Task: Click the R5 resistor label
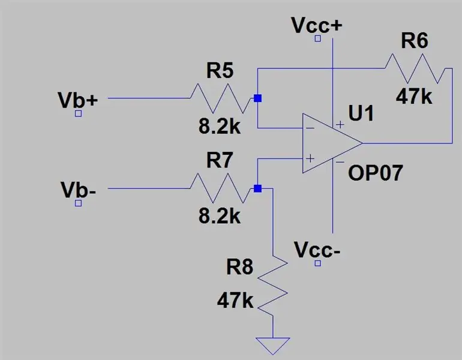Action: click(x=220, y=71)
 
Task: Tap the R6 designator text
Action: click(x=415, y=41)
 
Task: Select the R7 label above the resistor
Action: click(x=220, y=160)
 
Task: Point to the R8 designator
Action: click(x=239, y=267)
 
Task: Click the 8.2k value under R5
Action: click(x=220, y=127)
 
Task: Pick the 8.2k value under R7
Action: click(x=220, y=216)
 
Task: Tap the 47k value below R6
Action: click(x=414, y=97)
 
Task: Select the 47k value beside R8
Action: click(x=235, y=301)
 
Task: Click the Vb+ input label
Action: click(x=78, y=100)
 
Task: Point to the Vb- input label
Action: click(x=78, y=190)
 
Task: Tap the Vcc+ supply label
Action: click(x=317, y=25)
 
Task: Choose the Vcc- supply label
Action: click(x=317, y=250)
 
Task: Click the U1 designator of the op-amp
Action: click(x=361, y=113)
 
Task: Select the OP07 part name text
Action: click(x=376, y=173)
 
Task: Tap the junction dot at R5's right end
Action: click(x=257, y=98)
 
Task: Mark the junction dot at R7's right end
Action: click(x=257, y=188)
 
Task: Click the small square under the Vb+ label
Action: click(x=78, y=113)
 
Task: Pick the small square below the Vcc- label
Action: click(x=317, y=263)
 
